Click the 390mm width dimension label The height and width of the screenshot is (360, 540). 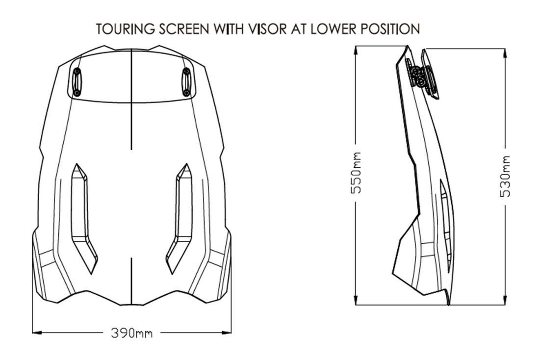point(131,333)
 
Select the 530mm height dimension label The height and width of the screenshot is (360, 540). point(505,177)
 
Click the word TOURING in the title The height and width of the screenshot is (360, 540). point(126,29)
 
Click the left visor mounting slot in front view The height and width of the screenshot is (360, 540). point(77,82)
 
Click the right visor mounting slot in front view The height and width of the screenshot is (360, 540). point(186,82)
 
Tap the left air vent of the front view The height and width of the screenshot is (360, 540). point(84,218)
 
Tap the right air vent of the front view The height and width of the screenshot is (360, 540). point(179,218)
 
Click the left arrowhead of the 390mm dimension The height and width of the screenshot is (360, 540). point(37,333)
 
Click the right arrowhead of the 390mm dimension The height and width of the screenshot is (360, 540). point(226,333)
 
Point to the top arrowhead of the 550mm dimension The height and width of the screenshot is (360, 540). point(356,51)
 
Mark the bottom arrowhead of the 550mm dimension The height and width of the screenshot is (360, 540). point(356,300)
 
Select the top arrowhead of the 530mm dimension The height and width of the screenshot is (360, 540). point(505,54)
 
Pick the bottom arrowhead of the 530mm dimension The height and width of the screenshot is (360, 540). point(505,300)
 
